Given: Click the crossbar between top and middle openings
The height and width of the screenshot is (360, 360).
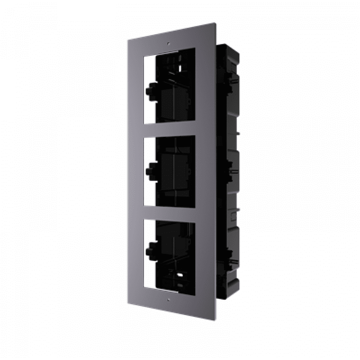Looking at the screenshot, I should pyautogui.click(x=169, y=129).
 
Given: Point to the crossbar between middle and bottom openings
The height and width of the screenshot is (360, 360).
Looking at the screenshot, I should pyautogui.click(x=169, y=215).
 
